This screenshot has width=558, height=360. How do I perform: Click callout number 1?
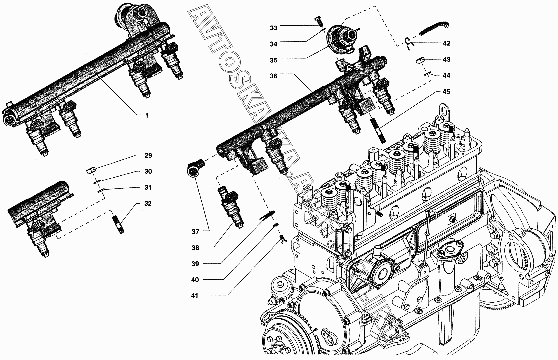pos(147,115)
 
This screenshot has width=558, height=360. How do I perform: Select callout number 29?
pos(148,155)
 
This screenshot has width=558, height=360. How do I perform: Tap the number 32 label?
pos(148,204)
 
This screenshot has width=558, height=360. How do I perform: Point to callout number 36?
pos(273,76)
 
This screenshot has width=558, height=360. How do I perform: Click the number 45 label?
pos(446,92)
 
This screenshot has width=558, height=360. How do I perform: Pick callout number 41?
pos(195,296)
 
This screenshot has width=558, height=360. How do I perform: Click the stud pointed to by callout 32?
pos(119,224)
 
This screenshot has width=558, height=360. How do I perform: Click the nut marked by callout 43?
pos(420,61)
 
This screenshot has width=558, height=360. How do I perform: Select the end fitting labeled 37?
pos(196,168)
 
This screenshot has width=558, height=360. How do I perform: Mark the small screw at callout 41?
pos(283,239)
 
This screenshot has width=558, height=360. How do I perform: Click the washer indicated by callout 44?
pos(427,73)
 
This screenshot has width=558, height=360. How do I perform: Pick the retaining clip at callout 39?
pos(267,215)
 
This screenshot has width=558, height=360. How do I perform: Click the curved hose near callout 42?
pos(433,29)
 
